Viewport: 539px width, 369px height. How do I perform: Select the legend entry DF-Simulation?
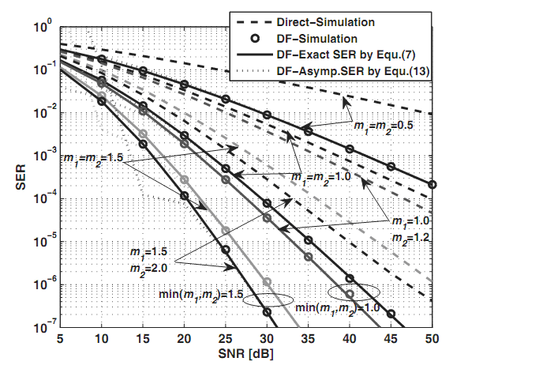point(316,37)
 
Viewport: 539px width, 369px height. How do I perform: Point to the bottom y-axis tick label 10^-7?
point(44,324)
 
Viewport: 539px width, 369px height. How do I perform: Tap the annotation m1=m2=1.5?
point(92,159)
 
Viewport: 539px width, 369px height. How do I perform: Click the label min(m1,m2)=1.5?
point(200,296)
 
